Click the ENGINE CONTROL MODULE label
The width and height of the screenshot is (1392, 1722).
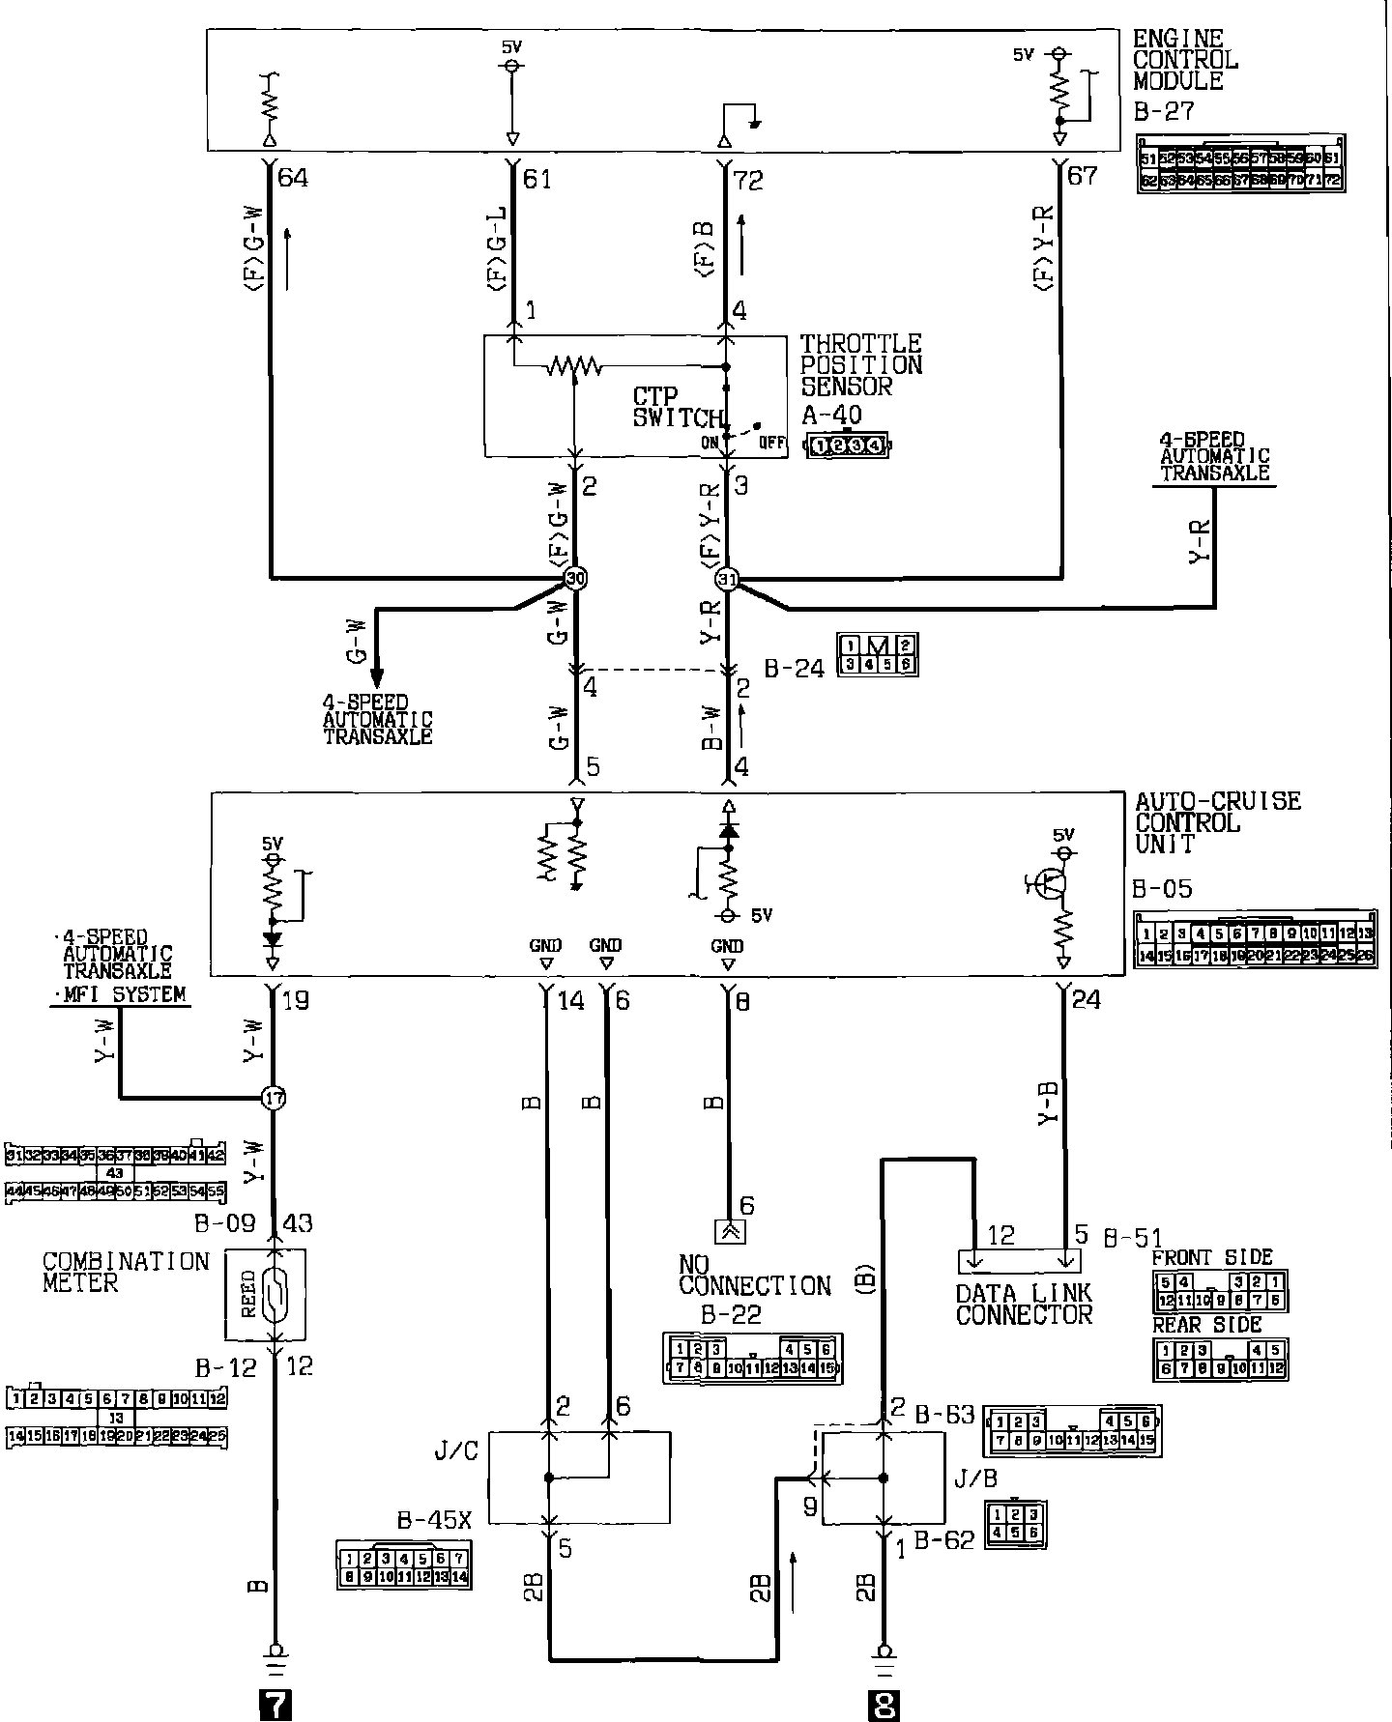[x=1185, y=60]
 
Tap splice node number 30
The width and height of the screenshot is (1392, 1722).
[x=575, y=578]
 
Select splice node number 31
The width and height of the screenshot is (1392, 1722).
[x=727, y=579]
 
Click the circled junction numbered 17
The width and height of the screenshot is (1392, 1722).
[x=275, y=1098]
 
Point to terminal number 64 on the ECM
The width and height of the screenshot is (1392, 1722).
[x=292, y=179]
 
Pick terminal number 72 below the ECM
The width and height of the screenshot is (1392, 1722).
[x=748, y=180]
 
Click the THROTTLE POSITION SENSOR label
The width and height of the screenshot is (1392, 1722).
[x=860, y=365]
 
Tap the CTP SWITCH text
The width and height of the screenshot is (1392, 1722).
[x=677, y=408]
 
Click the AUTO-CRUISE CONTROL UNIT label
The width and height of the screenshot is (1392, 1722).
[x=1217, y=822]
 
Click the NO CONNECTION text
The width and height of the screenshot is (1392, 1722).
[x=754, y=1276]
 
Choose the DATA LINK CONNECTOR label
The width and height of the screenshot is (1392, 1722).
[x=1024, y=1305]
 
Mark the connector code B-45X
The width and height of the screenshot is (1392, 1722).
[x=434, y=1520]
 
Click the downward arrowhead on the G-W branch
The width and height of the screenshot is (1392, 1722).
[x=377, y=674]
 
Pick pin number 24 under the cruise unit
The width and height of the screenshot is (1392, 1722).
[x=1087, y=1000]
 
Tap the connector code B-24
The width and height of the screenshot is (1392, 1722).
[x=794, y=669]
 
